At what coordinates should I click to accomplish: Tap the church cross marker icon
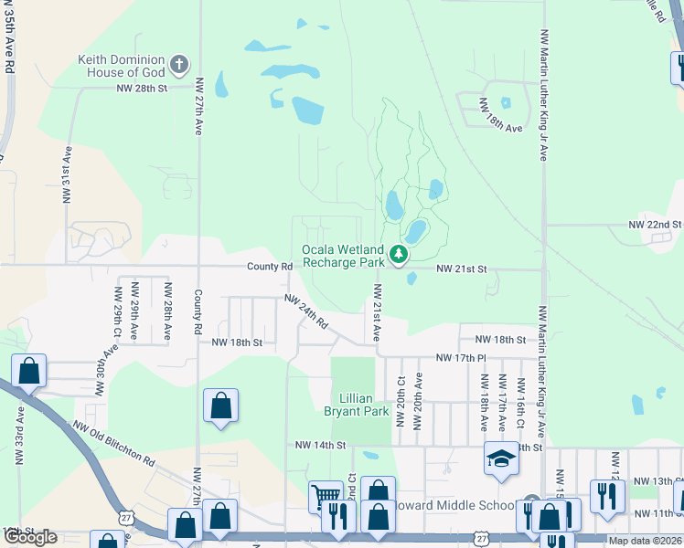point(179,64)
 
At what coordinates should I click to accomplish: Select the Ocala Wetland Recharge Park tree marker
point(398,255)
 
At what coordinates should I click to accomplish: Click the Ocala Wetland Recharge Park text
point(344,256)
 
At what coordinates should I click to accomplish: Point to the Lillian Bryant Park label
point(352,405)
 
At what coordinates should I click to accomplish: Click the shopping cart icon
point(325,497)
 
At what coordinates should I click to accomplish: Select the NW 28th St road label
point(143,89)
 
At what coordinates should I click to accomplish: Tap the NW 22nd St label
point(655,224)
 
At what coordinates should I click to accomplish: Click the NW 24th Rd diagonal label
point(306,311)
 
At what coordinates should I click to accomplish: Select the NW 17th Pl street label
point(463,357)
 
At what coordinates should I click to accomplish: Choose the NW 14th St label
point(320,445)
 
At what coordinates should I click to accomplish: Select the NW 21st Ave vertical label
point(376,313)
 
